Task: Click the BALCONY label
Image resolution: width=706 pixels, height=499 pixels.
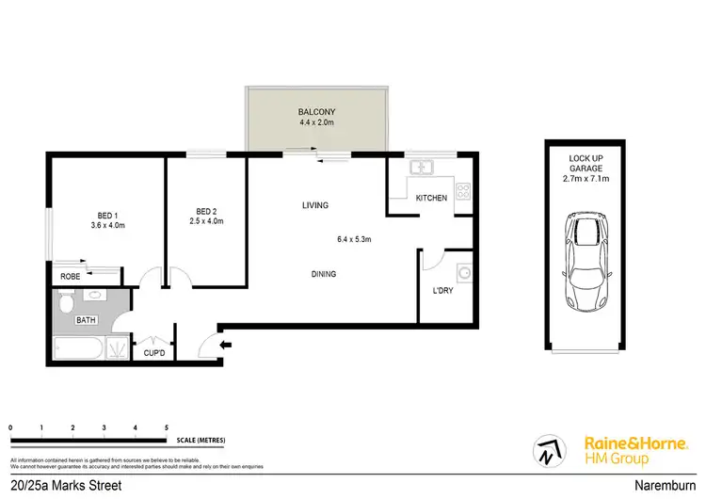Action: pyautogui.click(x=316, y=111)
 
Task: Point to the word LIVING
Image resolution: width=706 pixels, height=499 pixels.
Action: pyautogui.click(x=314, y=205)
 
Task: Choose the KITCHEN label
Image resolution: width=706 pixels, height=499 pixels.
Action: pyautogui.click(x=431, y=198)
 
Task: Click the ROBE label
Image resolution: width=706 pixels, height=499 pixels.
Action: pyautogui.click(x=70, y=277)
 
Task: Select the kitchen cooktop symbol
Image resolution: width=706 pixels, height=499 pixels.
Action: pyautogui.click(x=462, y=190)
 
